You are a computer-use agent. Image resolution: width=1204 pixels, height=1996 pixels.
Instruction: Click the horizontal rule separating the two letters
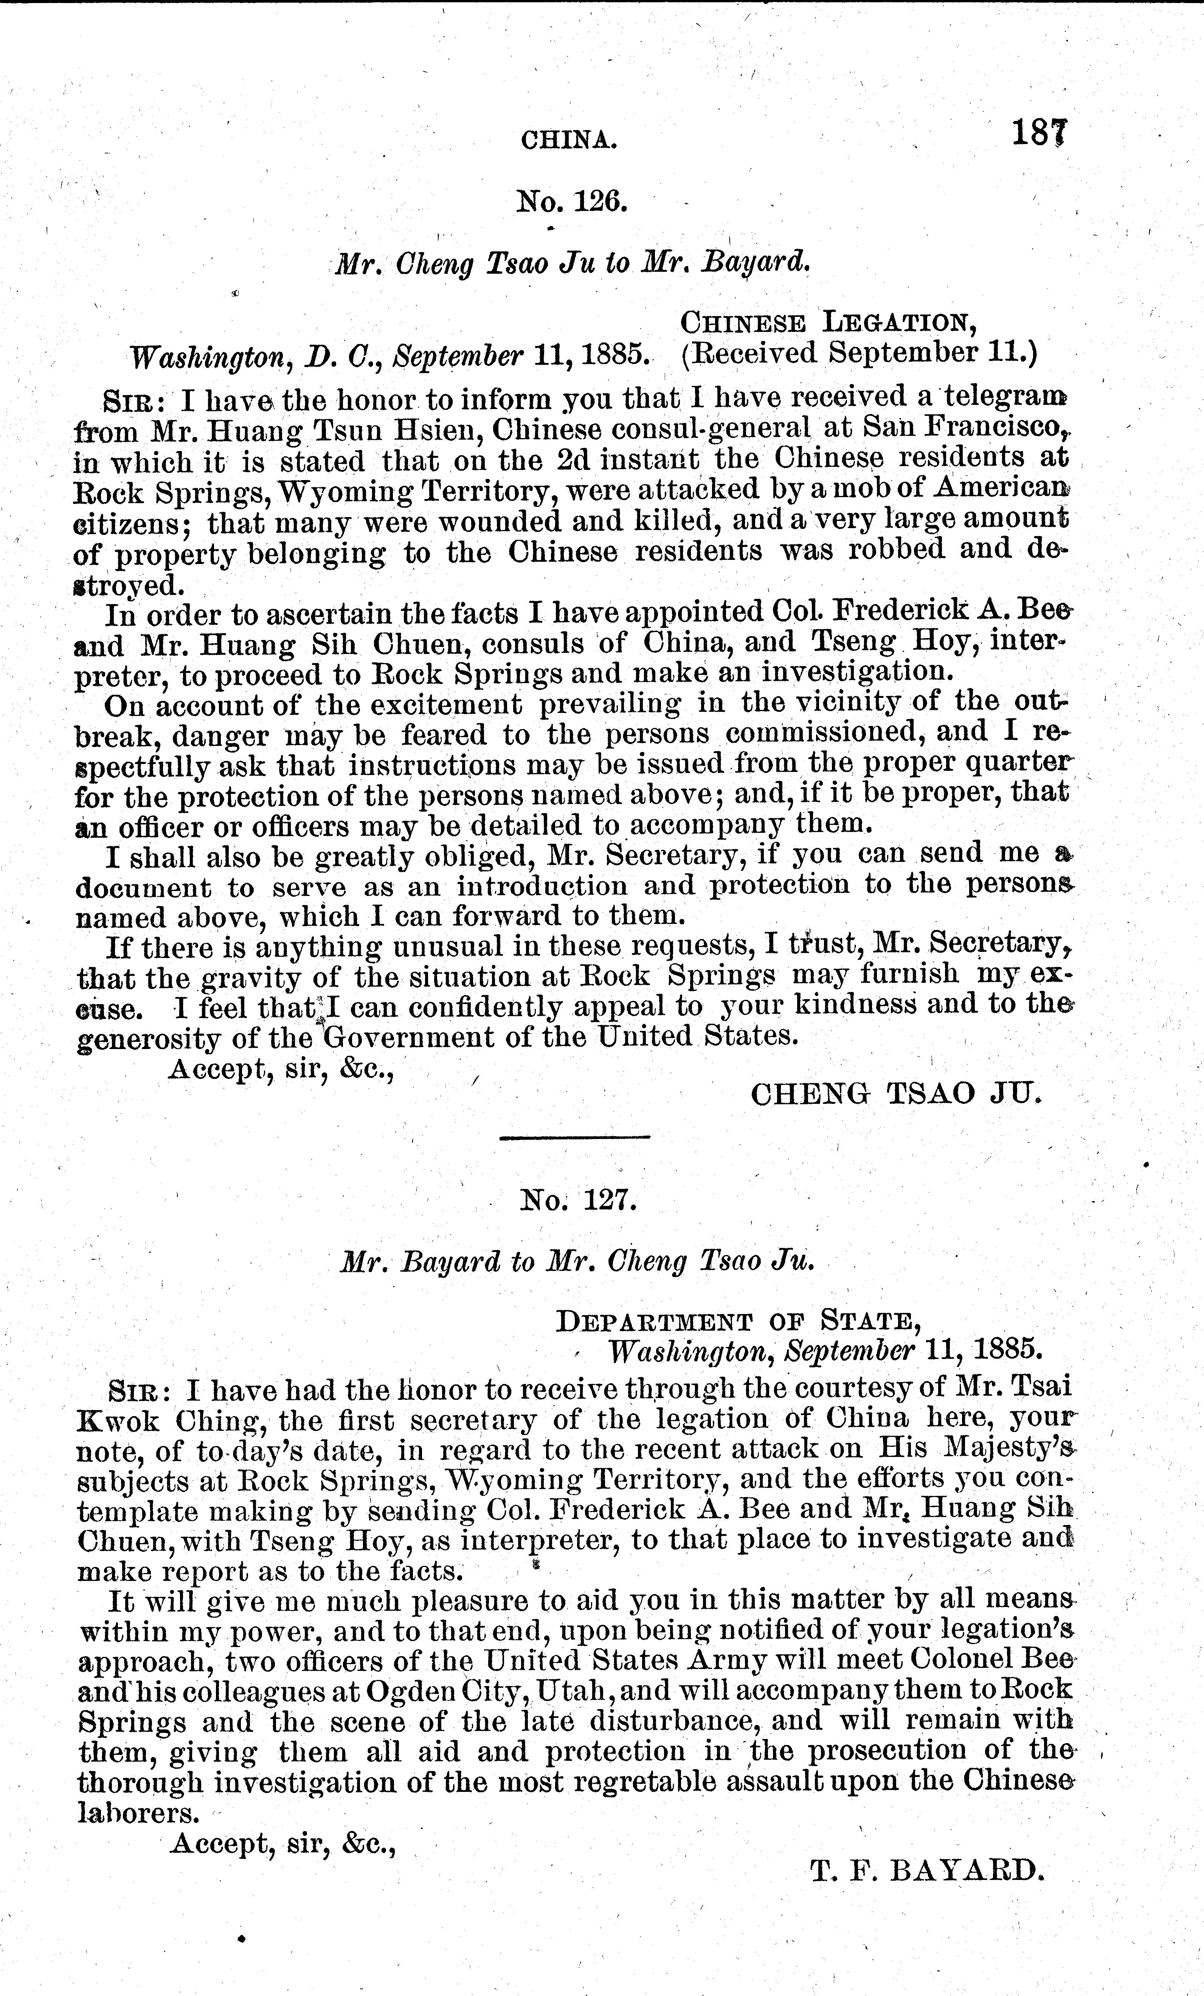(574, 1138)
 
